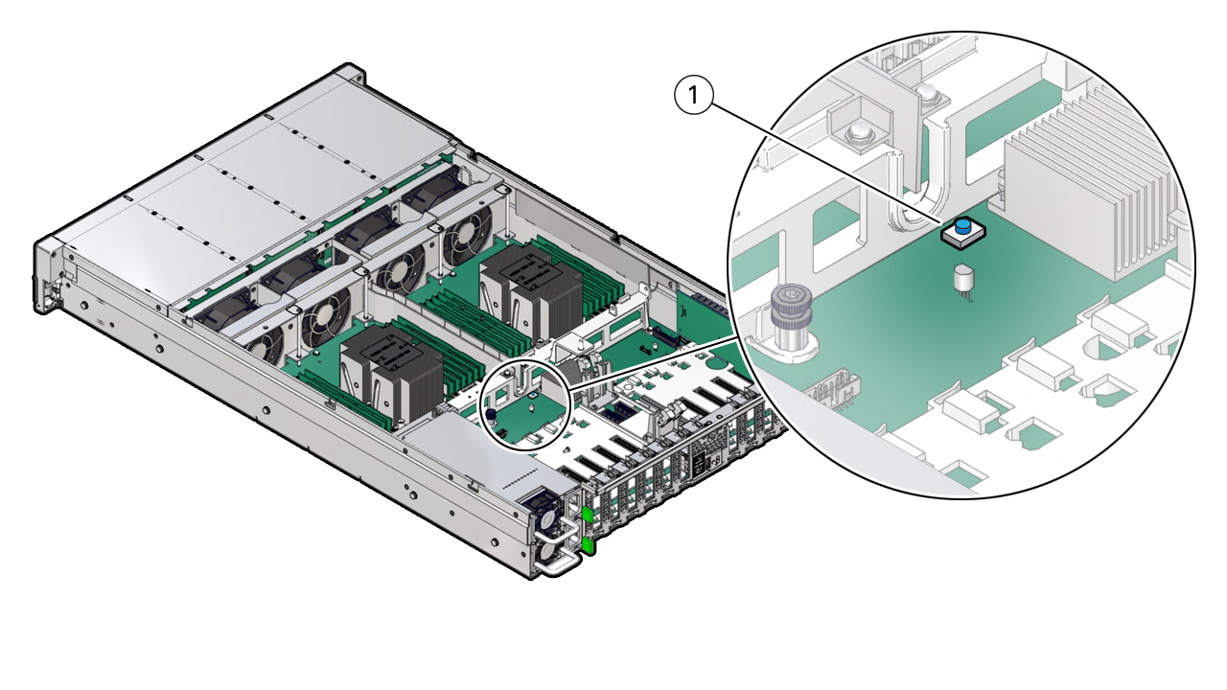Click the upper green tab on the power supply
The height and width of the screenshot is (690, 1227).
[x=588, y=518]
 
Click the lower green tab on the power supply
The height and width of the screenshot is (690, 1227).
[x=589, y=545]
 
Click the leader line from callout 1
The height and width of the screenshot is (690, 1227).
[x=824, y=158]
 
